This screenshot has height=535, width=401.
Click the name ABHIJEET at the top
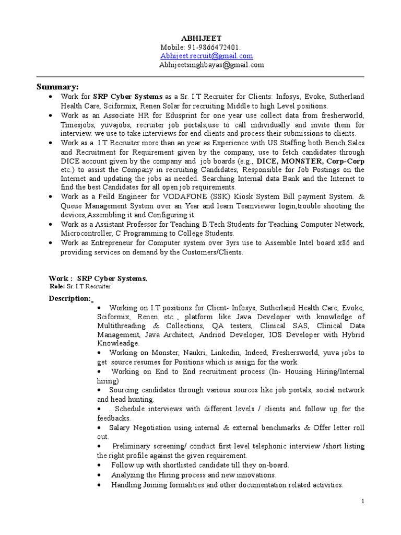[201, 38]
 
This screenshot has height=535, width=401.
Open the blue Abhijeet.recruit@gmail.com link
[207, 56]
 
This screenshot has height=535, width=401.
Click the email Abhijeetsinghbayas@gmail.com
[211, 65]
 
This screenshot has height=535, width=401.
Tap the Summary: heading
[57, 86]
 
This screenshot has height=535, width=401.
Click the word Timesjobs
[77, 125]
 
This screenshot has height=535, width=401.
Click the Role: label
[57, 287]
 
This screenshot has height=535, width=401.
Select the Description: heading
[69, 298]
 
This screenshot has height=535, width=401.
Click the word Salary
[121, 427]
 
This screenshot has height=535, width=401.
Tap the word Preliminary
[134, 446]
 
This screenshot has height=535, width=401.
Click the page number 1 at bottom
[362, 501]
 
